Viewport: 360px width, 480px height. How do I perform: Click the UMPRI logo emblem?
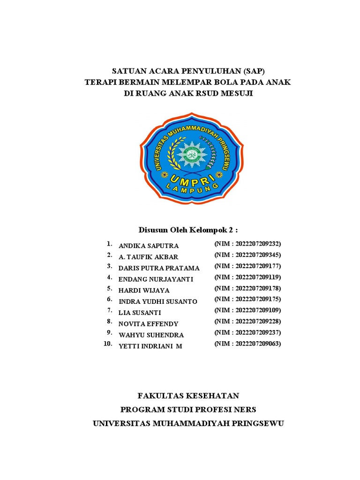pos(192,158)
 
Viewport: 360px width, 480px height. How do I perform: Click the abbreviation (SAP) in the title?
pos(253,72)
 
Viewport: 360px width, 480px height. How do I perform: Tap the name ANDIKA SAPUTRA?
pos(149,246)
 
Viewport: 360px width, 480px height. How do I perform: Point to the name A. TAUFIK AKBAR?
pos(149,257)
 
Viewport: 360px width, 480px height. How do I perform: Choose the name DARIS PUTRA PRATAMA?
pos(159,268)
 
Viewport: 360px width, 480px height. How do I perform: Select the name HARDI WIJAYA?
pos(144,291)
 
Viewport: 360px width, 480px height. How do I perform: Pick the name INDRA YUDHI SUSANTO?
pos(158,301)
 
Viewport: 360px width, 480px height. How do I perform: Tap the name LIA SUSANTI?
pos(140,313)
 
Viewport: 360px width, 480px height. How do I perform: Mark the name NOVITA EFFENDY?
pos(149,324)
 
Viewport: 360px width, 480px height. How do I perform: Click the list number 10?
pos(108,344)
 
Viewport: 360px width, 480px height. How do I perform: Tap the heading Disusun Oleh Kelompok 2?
pos(188,230)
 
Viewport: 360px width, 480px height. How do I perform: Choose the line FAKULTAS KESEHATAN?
pos(188,396)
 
